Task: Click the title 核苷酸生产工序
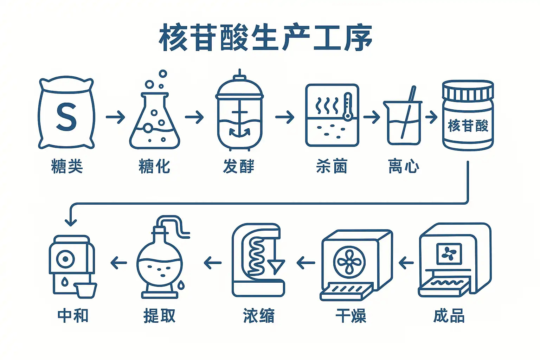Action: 265,38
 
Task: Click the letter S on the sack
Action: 66,117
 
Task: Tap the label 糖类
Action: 67,166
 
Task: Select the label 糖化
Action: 154,166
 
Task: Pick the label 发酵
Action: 238,166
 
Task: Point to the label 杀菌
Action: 332,166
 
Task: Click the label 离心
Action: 404,166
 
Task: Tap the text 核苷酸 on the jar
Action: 468,126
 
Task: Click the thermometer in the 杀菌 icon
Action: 347,107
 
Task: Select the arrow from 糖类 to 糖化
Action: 115,117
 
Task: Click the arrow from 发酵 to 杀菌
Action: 285,117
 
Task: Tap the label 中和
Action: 73,315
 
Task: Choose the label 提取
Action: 159,315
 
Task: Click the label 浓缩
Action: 258,315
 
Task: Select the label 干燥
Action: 351,315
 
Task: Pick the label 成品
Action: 449,315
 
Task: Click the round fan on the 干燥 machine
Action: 349,262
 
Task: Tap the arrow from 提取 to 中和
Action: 118,263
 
